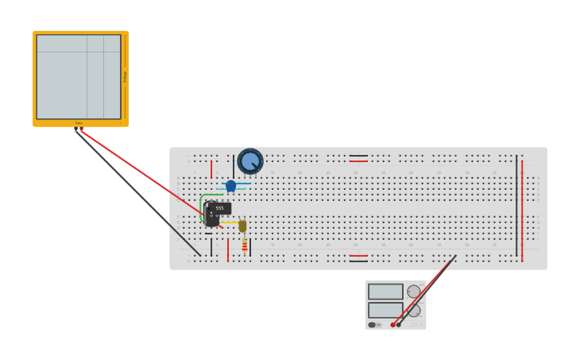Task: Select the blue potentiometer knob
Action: click(249, 161)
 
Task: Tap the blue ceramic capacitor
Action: click(231, 186)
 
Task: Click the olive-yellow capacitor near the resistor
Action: click(242, 226)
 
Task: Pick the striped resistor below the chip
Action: click(245, 246)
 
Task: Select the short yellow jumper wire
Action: click(230, 223)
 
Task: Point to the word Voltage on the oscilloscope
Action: click(125, 76)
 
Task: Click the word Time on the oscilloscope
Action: click(79, 123)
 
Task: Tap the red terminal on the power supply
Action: click(393, 324)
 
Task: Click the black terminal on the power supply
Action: click(399, 324)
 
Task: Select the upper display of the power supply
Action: click(385, 292)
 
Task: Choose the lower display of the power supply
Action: click(385, 309)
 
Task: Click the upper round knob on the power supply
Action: click(414, 292)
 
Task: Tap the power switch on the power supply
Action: click(372, 324)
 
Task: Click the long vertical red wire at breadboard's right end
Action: click(522, 207)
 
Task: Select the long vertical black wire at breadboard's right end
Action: click(516, 207)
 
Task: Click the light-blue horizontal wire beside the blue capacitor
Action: click(243, 184)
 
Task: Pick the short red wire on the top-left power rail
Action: click(211, 168)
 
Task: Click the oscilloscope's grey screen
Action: click(78, 76)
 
